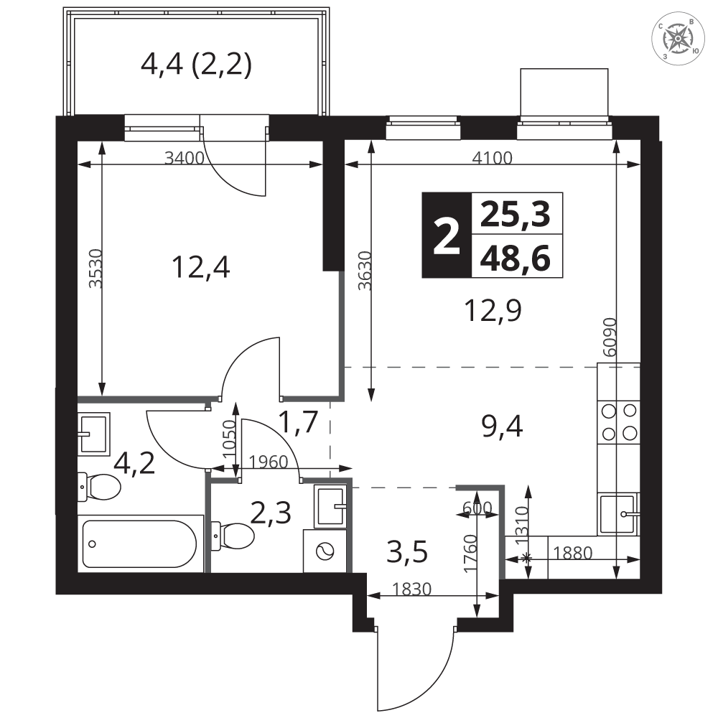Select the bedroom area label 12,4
(201, 267)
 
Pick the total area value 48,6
(515, 258)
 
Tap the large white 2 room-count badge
(447, 235)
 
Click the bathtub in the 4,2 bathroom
(140, 544)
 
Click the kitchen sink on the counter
(619, 514)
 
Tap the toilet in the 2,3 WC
(233, 536)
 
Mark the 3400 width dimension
(184, 159)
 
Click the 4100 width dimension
(493, 158)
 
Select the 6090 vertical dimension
(610, 337)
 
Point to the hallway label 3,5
(407, 551)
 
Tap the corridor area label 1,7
(298, 421)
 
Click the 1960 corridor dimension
(269, 462)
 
